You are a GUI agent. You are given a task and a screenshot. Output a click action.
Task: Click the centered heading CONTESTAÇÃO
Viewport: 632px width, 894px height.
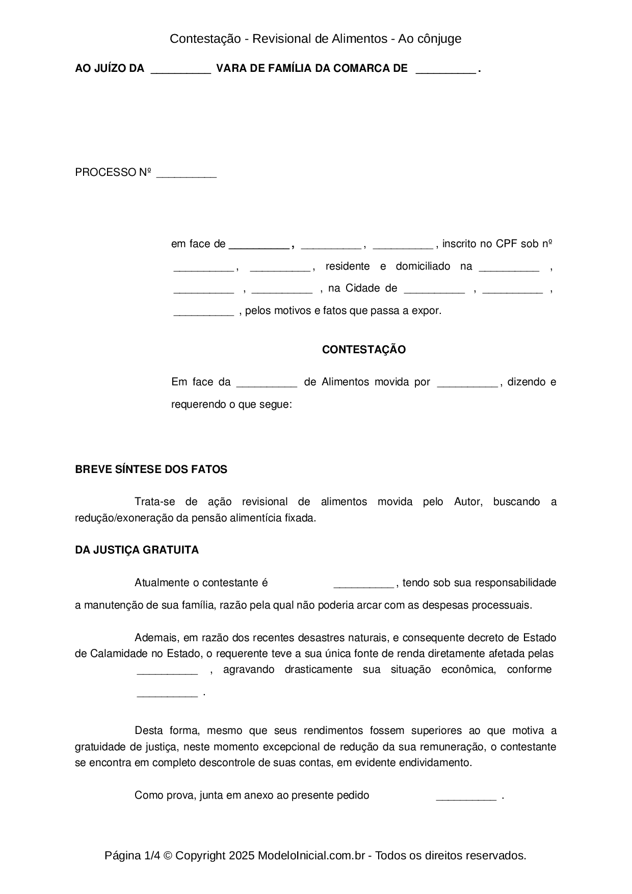[363, 350]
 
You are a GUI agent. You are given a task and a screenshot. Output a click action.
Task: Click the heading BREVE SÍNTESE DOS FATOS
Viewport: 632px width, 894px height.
[151, 469]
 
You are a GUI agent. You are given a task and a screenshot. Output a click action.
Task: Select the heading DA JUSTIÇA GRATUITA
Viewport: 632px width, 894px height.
[137, 550]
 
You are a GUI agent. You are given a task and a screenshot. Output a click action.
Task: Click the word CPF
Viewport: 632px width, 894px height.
[507, 244]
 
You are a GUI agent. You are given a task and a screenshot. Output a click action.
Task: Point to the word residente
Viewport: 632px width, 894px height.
[348, 266]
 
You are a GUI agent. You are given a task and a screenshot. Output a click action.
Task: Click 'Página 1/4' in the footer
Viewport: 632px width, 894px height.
[129, 855]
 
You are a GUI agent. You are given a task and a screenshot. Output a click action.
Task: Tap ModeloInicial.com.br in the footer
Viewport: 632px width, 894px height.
[311, 855]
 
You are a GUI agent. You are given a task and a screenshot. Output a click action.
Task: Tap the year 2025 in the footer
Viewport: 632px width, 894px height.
[241, 855]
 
